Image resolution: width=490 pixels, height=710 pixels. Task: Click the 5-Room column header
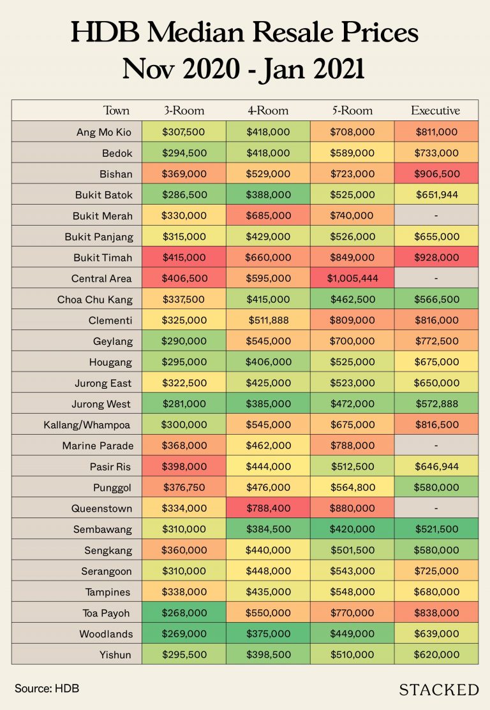(x=352, y=110)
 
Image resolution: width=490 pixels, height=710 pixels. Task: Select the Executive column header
(x=435, y=110)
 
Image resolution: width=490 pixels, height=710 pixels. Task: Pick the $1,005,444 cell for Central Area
(x=352, y=279)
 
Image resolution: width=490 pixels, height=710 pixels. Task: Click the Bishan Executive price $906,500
(x=435, y=174)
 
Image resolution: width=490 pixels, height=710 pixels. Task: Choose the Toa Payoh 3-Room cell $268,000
(x=185, y=612)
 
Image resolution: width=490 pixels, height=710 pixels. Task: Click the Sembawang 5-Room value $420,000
(x=352, y=530)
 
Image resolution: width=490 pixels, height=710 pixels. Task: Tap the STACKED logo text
(x=438, y=689)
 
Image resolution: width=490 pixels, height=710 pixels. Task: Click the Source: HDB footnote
(x=47, y=688)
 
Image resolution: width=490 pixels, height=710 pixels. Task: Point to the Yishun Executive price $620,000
(x=435, y=655)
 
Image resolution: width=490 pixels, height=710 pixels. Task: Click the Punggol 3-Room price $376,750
(x=185, y=488)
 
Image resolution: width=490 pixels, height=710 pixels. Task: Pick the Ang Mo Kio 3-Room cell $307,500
(x=185, y=132)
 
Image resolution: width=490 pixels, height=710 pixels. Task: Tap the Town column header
(x=116, y=110)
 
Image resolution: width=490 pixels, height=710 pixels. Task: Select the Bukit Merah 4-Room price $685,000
(x=268, y=216)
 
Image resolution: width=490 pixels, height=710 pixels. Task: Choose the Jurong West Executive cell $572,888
(x=435, y=404)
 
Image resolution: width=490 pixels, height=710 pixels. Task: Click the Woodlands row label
(x=106, y=634)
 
